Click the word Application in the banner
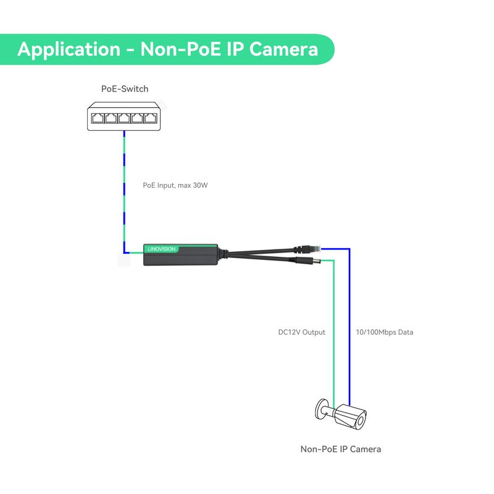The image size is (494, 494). click(68, 49)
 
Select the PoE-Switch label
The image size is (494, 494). click(125, 89)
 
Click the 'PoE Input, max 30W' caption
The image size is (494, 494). click(175, 185)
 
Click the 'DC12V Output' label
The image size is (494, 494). click(301, 332)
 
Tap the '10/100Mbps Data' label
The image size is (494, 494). click(384, 332)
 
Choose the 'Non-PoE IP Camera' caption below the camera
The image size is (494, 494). click(340, 449)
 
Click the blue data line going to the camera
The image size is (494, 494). click(350, 321)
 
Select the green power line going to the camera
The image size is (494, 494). click(334, 321)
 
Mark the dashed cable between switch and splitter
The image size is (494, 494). click(124, 185)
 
